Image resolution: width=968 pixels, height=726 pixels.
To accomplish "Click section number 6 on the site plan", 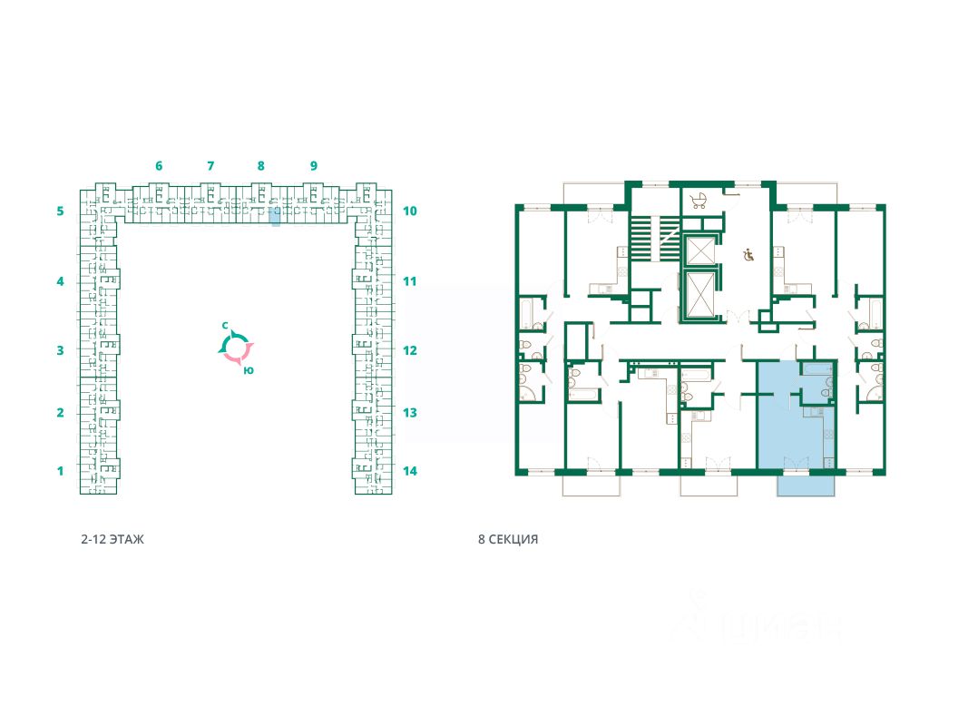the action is click(159, 166).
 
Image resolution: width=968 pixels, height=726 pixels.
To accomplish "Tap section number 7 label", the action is click(210, 166).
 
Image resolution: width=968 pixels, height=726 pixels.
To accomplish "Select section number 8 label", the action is click(260, 166).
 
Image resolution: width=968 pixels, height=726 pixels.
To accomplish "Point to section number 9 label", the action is click(313, 166).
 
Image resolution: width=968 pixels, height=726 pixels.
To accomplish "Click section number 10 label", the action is click(409, 211).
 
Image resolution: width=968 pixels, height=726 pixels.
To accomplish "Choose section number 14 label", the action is click(409, 471).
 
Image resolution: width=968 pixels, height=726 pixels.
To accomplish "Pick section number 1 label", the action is click(60, 471).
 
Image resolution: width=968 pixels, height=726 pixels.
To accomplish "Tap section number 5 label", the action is click(60, 211).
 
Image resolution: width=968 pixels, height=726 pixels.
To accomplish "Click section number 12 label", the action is click(409, 350).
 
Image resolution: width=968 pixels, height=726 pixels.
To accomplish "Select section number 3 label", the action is click(60, 350).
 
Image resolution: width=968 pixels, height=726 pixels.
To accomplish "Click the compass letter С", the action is click(225, 325).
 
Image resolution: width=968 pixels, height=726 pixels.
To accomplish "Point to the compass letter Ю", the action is click(249, 369).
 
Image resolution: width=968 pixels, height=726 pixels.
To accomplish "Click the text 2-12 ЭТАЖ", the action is click(112, 539).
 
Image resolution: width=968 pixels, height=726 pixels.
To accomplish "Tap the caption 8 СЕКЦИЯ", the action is click(508, 539).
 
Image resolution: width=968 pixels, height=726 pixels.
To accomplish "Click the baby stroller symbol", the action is click(699, 201).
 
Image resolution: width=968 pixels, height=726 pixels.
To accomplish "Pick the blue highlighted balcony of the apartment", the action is click(806, 486).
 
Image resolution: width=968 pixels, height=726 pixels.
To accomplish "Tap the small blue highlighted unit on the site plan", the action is click(275, 216).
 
